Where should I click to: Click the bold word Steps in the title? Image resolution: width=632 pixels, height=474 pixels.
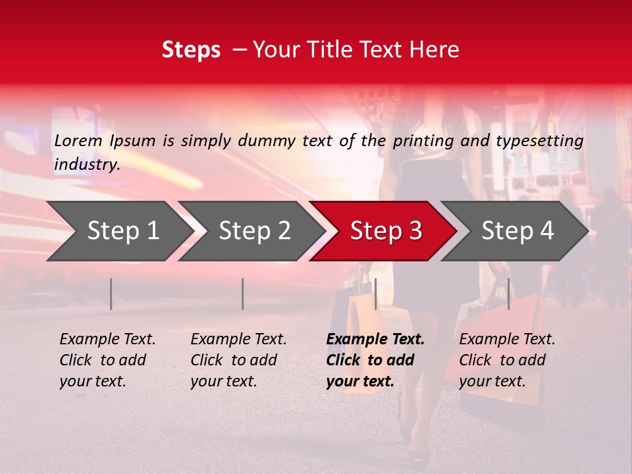[x=191, y=50]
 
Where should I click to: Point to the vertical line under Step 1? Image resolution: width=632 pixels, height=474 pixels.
[x=111, y=294]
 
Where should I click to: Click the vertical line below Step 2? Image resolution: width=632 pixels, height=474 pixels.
[x=243, y=294]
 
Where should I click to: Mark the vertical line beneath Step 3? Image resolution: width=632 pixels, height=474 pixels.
[x=375, y=294]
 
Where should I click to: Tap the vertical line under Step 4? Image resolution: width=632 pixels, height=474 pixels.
[x=508, y=294]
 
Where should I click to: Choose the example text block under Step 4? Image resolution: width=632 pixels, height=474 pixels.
[x=507, y=360]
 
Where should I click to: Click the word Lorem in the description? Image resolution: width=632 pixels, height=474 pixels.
[x=78, y=140]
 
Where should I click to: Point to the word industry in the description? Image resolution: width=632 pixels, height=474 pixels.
[x=87, y=165]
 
